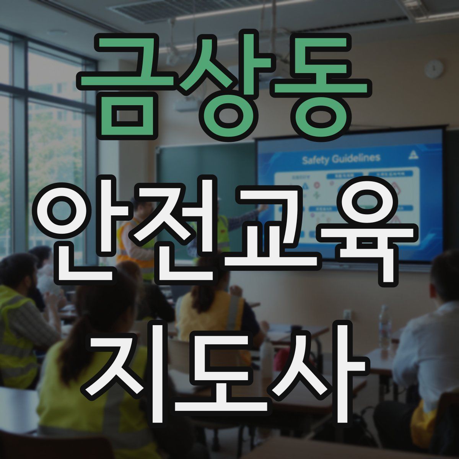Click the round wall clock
(434, 69)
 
